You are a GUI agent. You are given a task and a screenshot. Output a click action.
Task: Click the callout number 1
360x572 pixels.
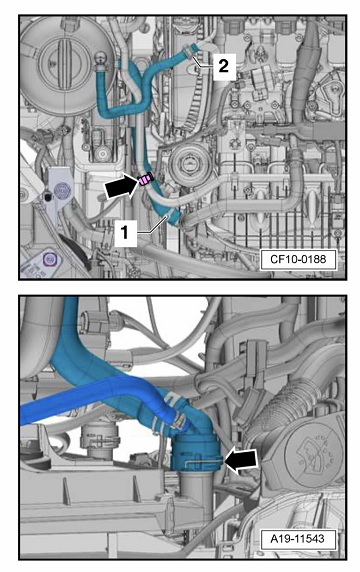click(125, 233)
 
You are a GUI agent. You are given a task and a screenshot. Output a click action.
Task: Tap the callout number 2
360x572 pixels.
click(224, 66)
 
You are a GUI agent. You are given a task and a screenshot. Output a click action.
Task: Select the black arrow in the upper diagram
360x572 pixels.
click(120, 186)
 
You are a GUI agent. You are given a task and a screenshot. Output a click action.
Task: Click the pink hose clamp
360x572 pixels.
click(145, 180)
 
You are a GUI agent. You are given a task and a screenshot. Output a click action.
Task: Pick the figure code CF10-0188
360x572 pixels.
click(298, 259)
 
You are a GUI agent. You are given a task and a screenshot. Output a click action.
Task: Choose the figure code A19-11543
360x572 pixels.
click(297, 538)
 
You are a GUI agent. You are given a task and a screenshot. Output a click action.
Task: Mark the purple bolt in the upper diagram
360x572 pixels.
click(49, 259)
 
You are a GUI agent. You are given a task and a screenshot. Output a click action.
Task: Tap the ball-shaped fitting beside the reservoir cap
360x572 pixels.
click(101, 58)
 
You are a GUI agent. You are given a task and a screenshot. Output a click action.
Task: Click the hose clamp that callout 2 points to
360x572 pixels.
click(187, 50)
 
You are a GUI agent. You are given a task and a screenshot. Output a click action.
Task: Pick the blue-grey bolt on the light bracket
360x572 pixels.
click(60, 189)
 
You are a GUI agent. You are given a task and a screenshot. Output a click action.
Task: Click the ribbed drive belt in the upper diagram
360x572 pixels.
click(193, 98)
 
